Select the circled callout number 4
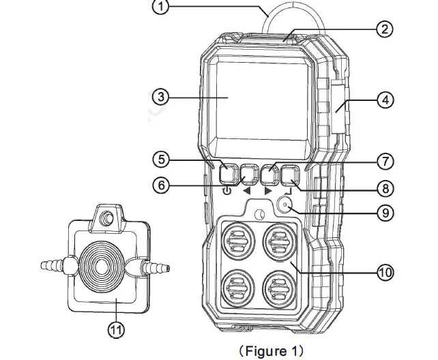pyautogui.click(x=385, y=99)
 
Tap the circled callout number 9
pyautogui.click(x=385, y=212)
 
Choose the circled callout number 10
pyautogui.click(x=385, y=271)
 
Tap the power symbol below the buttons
pyautogui.click(x=227, y=192)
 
